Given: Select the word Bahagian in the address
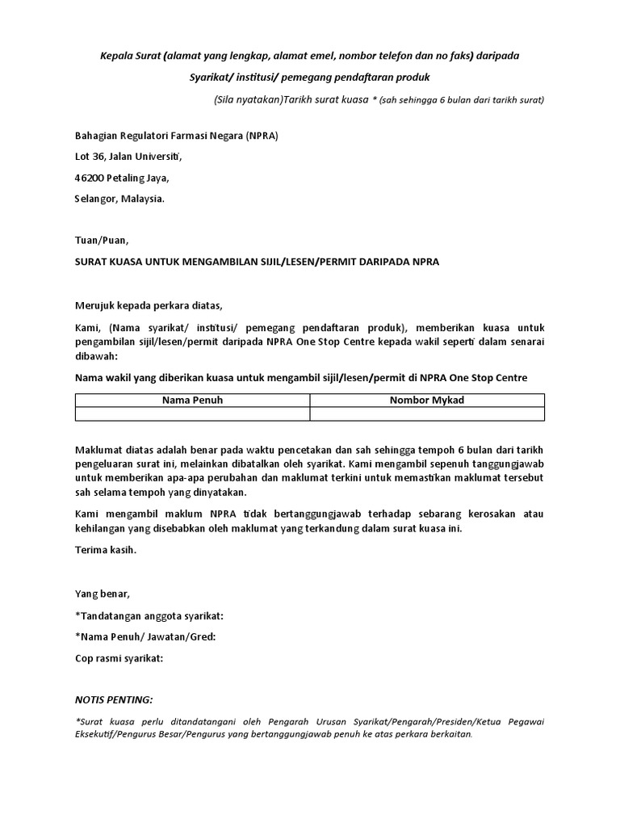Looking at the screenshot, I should pos(95,136).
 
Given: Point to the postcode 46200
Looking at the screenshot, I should pos(89,178).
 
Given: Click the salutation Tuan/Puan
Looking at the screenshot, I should pos(101,241).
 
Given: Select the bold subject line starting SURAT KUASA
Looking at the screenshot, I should pos(257,262).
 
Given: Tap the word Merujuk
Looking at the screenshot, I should pos(96,305).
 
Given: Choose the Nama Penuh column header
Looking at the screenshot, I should pos(192,401).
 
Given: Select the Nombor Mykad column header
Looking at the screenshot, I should pos(427,401).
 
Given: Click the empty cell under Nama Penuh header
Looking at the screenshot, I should pos(192,414).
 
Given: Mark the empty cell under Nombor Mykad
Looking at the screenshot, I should pos(427,414).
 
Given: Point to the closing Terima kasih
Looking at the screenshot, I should pos(106,550).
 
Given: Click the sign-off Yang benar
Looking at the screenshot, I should pos(102,594).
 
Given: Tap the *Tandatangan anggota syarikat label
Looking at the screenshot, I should pos(149,615).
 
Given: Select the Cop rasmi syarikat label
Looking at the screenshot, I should pos(119,657).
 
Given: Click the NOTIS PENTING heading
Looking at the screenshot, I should pos(113,699).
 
